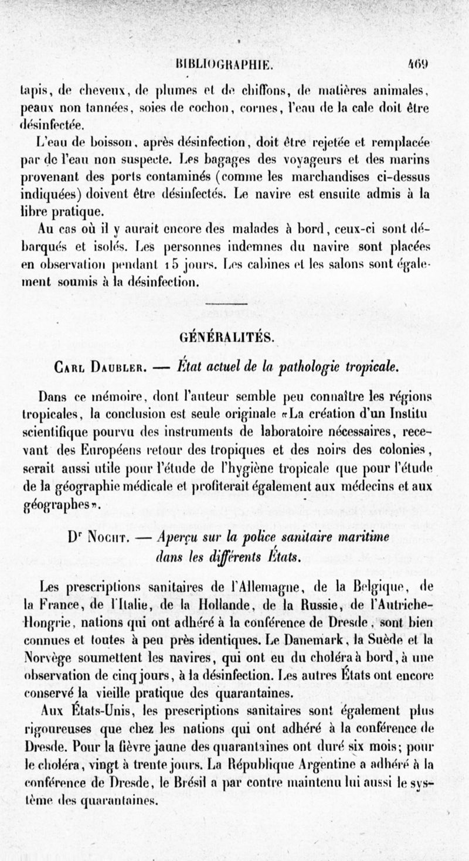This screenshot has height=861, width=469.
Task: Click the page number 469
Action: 420,64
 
